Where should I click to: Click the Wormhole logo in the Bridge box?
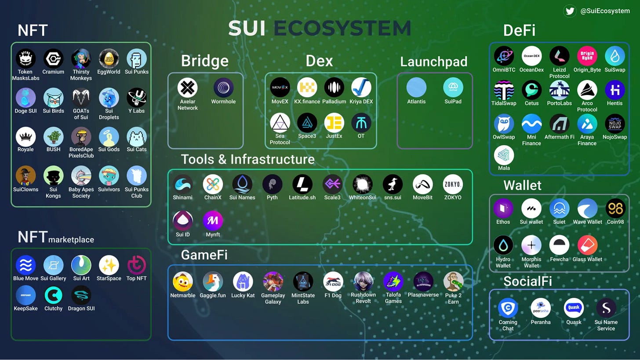223,88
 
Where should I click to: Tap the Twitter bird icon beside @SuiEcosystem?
570,11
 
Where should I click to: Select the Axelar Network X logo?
188,88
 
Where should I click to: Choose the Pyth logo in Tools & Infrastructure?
272,185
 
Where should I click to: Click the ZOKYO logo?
453,185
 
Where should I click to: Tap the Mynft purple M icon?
213,221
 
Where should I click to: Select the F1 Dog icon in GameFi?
333,282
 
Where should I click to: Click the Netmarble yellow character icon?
182,282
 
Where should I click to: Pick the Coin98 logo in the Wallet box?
615,208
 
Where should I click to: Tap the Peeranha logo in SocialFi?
541,308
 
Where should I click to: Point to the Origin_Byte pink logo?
587,56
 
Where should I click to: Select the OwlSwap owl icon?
504,124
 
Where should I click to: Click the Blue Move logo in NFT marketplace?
25,265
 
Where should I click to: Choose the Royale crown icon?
25,137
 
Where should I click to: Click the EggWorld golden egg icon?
109,59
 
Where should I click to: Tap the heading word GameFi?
204,255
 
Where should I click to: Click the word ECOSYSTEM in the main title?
342,29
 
